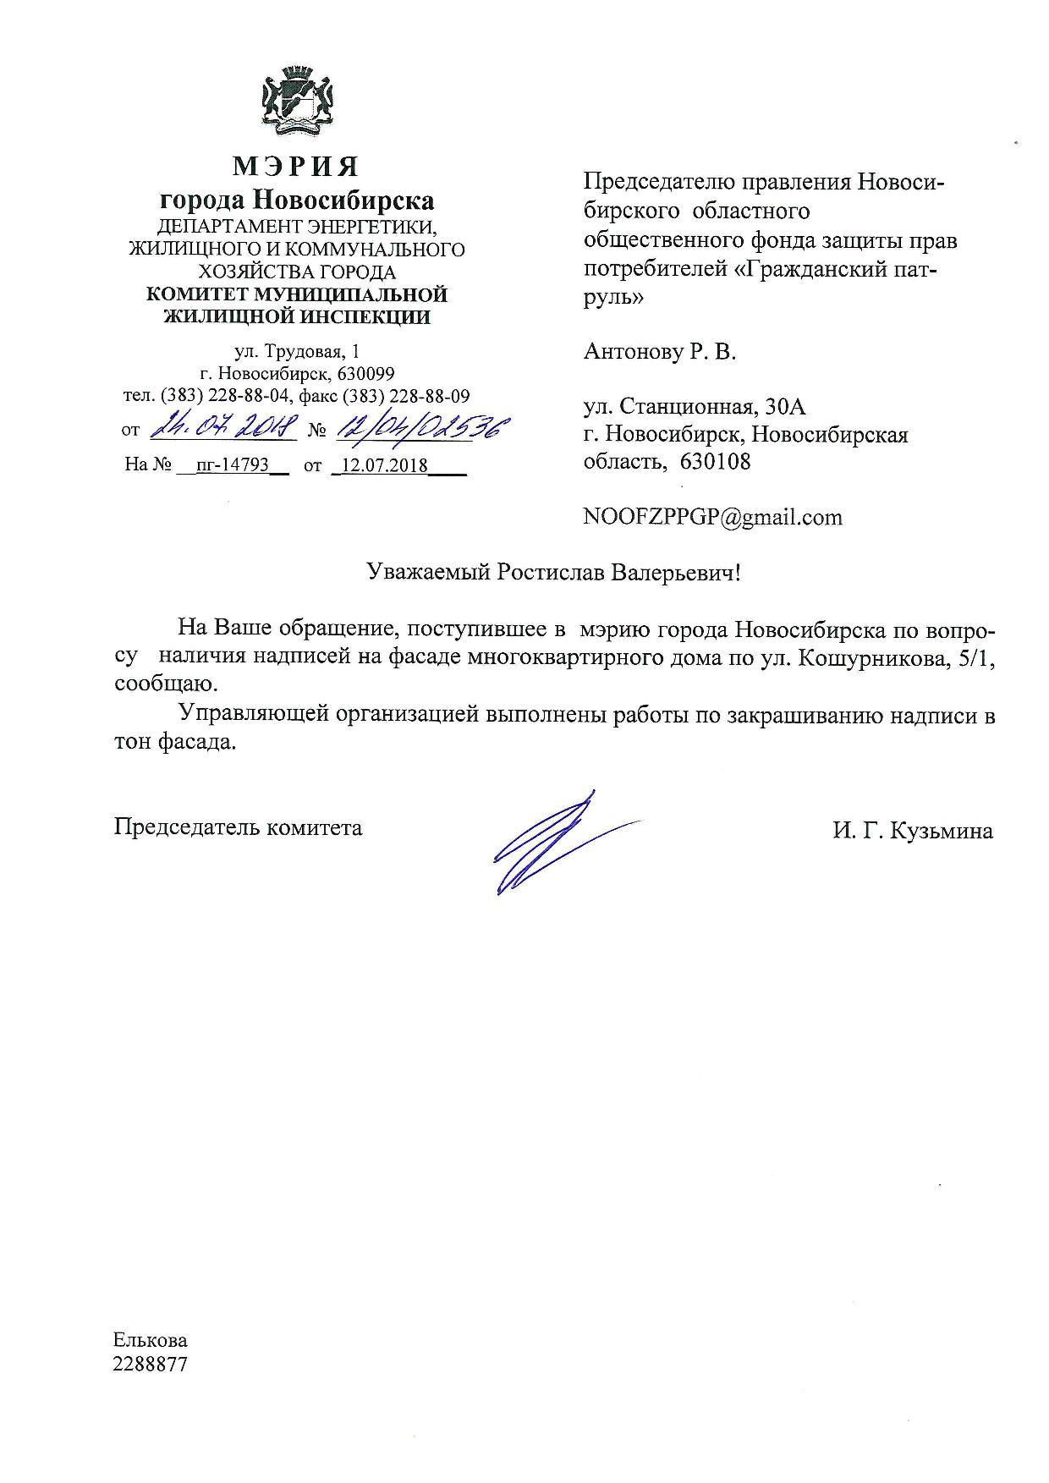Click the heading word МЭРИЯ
(x=296, y=166)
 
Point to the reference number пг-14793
(x=231, y=464)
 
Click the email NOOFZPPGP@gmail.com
(x=712, y=517)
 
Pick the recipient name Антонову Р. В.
(x=660, y=352)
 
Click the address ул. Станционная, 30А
(x=695, y=407)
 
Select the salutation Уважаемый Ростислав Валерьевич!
(x=554, y=573)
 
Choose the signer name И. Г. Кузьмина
(x=912, y=831)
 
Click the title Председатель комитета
(x=239, y=827)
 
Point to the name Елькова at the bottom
(x=151, y=1340)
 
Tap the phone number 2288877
(x=151, y=1364)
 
